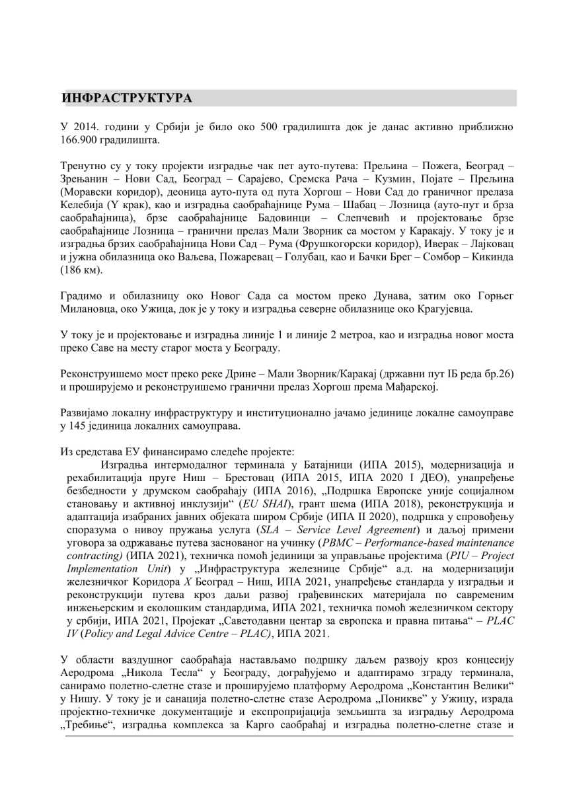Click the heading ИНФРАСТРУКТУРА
(127, 98)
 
